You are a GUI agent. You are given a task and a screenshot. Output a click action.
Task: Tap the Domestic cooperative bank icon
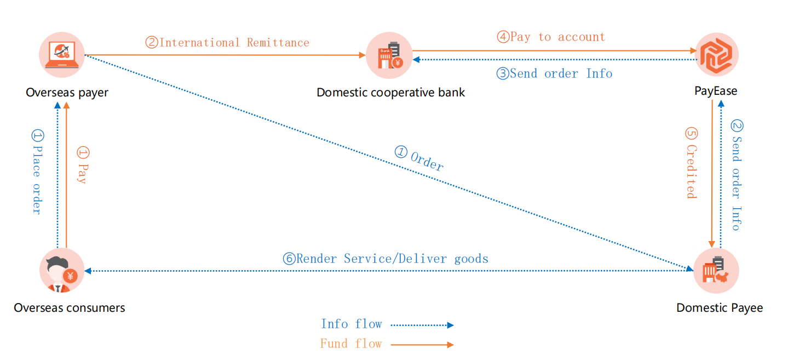(388, 55)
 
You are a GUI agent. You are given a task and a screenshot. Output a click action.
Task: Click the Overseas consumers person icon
(61, 271)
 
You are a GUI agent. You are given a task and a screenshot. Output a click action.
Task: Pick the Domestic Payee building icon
(716, 271)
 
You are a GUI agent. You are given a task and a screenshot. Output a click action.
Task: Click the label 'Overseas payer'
(67, 92)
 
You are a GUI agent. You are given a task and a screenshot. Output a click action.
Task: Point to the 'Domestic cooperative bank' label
(390, 92)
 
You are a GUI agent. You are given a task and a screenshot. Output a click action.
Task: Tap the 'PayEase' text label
(716, 91)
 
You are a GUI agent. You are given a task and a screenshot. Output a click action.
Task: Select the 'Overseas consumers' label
(70, 308)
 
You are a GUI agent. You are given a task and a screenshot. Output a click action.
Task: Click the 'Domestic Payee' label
(719, 308)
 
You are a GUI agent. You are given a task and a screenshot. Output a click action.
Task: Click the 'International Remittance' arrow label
(227, 43)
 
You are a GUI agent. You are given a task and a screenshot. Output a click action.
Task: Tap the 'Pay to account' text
(551, 37)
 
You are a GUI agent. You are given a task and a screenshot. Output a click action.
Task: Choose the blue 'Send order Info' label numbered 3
(554, 73)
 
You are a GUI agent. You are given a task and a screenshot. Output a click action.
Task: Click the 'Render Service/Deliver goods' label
(385, 259)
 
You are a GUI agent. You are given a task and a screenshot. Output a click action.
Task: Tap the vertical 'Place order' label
(37, 172)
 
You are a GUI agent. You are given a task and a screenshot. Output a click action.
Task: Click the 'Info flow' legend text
(351, 324)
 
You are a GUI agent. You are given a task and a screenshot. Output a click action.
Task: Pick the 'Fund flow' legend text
(351, 344)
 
